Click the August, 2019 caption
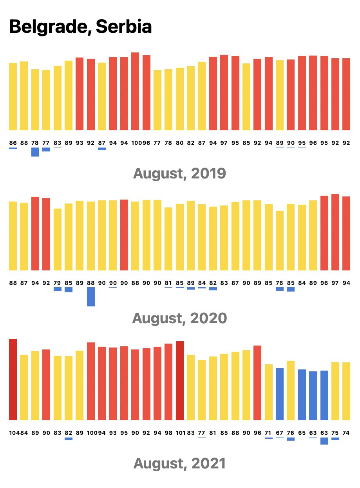pyautogui.click(x=179, y=173)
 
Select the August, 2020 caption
pyautogui.click(x=179, y=318)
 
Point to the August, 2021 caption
pyautogui.click(x=179, y=463)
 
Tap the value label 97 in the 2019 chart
pyautogui.click(x=224, y=143)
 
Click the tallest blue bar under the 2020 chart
pyautogui.click(x=91, y=297)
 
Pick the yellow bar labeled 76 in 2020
pyautogui.click(x=280, y=241)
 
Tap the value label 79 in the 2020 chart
pyautogui.click(x=57, y=283)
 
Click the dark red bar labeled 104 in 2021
pyautogui.click(x=13, y=379)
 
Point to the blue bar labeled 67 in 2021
pyautogui.click(x=280, y=394)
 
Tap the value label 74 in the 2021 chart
pyautogui.click(x=346, y=433)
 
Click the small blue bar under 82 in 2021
pyautogui.click(x=69, y=439)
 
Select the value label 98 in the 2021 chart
pyautogui.click(x=168, y=433)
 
